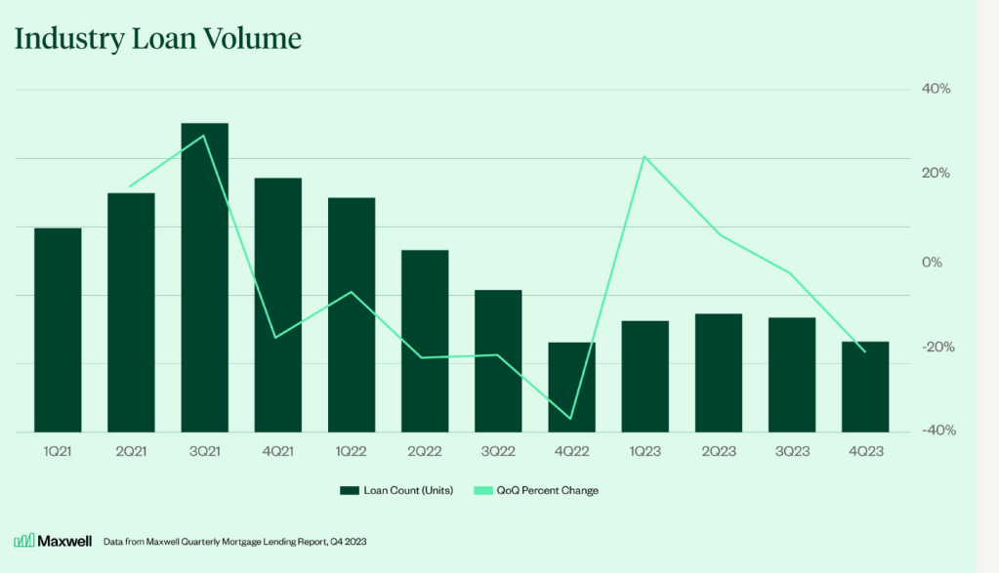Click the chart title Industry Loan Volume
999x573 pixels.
157,39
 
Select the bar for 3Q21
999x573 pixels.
205,277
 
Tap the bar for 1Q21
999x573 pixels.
58,330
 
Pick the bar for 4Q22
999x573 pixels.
571,387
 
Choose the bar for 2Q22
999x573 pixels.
425,341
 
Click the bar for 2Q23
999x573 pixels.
719,373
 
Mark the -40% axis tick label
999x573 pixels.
935,430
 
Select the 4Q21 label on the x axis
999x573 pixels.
278,452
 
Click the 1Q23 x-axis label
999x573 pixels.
645,452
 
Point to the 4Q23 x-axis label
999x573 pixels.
865,452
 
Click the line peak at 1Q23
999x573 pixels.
645,156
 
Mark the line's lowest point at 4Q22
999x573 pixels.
571,420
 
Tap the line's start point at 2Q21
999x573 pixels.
131,185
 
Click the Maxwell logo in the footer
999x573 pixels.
39,541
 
